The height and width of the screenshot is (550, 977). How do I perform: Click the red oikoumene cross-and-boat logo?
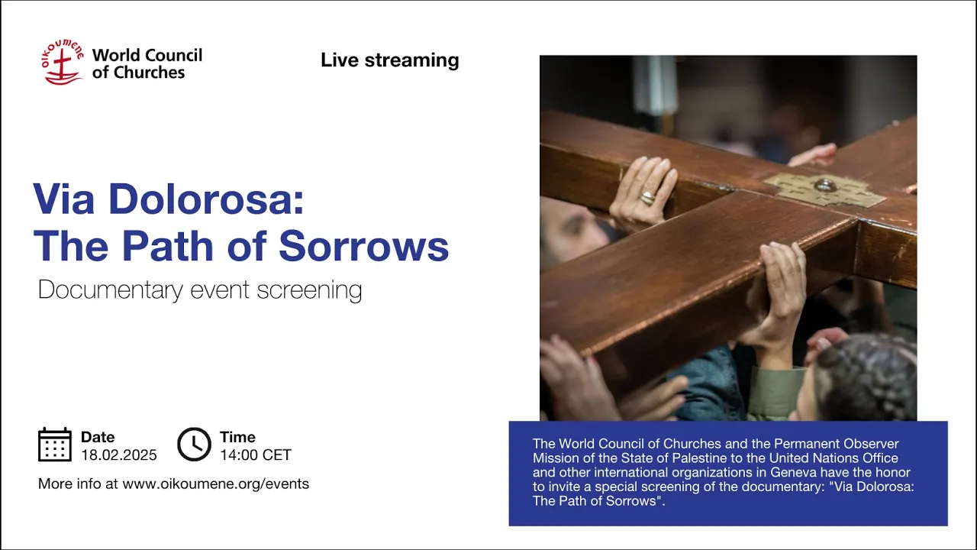point(63,62)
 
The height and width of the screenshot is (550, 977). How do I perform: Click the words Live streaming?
point(390,60)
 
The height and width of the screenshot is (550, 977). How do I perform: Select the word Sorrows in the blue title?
point(364,246)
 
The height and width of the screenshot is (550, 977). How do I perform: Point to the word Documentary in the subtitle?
point(111,290)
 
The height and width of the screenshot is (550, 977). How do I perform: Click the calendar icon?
point(55,445)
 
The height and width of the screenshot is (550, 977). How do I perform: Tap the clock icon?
point(194,445)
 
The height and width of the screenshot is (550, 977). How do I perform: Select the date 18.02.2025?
point(119,455)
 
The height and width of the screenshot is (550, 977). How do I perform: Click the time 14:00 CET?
point(256,455)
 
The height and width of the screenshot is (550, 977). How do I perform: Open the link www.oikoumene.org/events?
point(216,484)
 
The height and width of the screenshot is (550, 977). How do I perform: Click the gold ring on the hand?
point(648,198)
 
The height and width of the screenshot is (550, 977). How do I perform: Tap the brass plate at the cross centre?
point(824,190)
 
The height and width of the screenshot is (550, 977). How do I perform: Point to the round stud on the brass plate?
point(825,185)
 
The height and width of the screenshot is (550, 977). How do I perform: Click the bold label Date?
point(98,437)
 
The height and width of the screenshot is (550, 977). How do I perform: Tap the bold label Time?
point(237,437)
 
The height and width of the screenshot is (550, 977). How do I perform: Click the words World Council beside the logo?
point(147,56)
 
